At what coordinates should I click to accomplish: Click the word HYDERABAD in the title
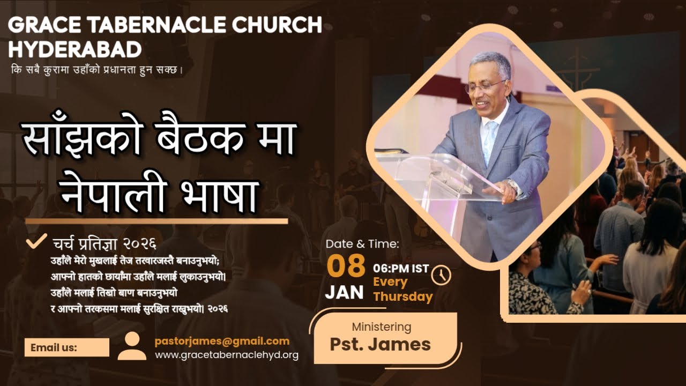click(x=75, y=49)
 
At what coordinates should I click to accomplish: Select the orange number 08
click(x=346, y=266)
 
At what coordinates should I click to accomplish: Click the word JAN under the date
click(x=344, y=292)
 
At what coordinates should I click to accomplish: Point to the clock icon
click(x=441, y=274)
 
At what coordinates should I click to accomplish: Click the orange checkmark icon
click(x=36, y=242)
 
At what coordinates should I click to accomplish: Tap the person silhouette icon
click(x=132, y=346)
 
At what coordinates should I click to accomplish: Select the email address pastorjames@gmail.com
click(x=222, y=341)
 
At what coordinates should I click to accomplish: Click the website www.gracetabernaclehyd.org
click(x=227, y=355)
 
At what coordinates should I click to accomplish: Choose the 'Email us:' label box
click(x=66, y=347)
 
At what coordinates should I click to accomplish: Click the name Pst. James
click(x=380, y=344)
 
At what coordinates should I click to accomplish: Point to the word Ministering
click(x=381, y=326)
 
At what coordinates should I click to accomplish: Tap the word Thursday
click(x=403, y=296)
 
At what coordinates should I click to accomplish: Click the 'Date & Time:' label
click(x=362, y=244)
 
